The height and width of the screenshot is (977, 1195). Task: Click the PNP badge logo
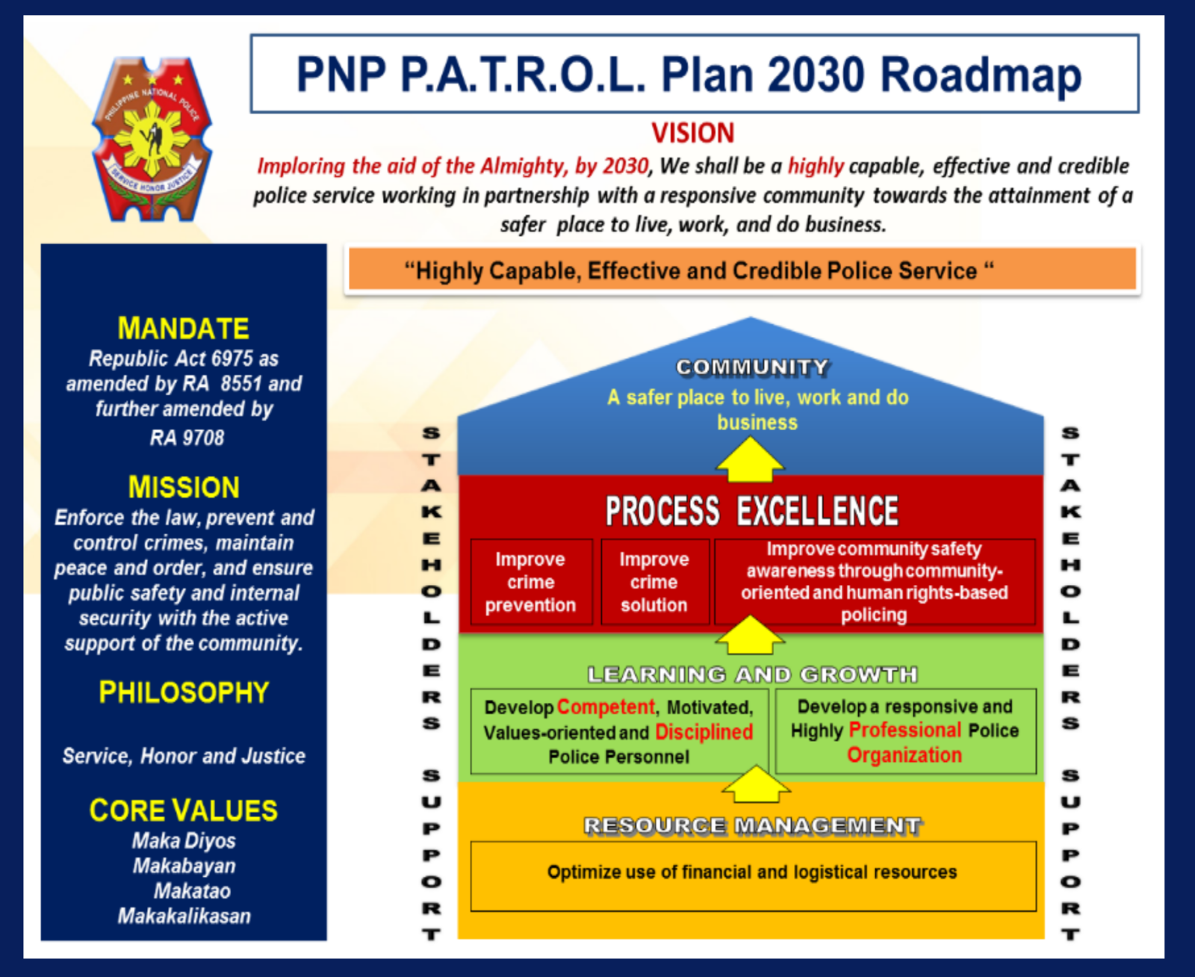[x=152, y=140]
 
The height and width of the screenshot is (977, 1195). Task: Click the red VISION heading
[x=693, y=133]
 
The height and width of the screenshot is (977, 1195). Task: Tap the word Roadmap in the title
[x=981, y=75]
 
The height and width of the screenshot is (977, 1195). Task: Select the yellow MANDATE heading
[x=184, y=329]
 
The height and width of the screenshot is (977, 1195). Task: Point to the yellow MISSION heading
[x=184, y=487]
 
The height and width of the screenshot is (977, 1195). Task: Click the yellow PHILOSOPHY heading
[x=184, y=692]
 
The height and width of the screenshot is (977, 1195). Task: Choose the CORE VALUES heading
[x=184, y=810]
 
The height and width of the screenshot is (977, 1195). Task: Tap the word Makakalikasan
[x=184, y=916]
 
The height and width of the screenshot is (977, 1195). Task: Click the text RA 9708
[x=187, y=438]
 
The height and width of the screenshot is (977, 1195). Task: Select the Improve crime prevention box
[x=531, y=582]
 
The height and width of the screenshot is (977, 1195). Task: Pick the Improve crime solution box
[x=654, y=582]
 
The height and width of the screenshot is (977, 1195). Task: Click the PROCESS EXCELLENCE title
[x=751, y=512]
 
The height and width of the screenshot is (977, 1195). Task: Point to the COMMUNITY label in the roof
[x=752, y=367]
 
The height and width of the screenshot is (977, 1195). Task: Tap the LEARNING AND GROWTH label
[x=752, y=674]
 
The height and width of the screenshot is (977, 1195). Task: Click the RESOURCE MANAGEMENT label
[x=752, y=825]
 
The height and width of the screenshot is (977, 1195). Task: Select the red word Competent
[x=606, y=707]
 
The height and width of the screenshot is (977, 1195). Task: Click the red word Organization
[x=904, y=755]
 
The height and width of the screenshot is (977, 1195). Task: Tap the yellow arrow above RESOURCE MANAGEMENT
[x=756, y=785]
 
